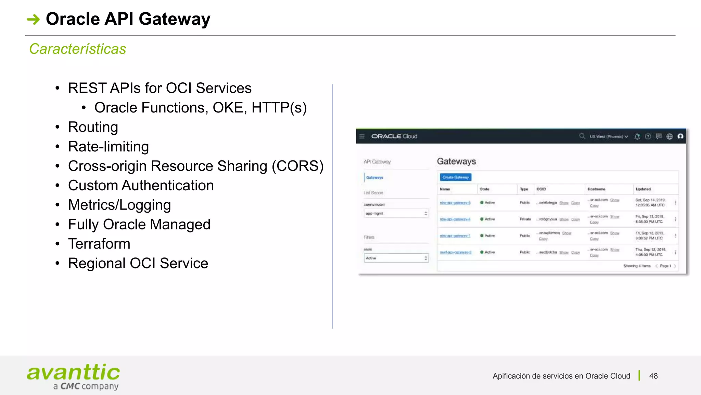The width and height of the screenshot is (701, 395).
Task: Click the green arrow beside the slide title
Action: (x=33, y=19)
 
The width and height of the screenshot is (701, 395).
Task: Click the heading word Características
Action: (x=78, y=49)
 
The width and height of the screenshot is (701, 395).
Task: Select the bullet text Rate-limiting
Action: (x=109, y=147)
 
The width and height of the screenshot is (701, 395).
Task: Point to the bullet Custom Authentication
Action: (x=141, y=185)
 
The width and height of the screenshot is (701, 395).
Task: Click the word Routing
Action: (x=93, y=127)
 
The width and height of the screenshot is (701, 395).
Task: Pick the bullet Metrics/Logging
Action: (x=119, y=205)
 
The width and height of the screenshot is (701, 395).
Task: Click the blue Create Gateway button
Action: (x=455, y=177)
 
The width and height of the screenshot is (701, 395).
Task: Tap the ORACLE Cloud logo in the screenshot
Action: (x=394, y=136)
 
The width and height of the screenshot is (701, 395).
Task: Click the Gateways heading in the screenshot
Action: (x=456, y=161)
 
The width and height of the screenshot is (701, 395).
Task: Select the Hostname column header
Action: (x=596, y=189)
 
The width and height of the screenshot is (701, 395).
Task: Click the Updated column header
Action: (x=643, y=189)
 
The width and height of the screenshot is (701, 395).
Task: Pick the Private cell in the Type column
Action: (x=525, y=219)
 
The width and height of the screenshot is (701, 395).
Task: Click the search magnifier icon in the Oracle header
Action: (x=582, y=136)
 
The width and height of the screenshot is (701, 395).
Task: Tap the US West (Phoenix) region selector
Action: (x=609, y=136)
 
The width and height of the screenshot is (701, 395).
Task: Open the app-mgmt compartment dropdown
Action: (x=396, y=214)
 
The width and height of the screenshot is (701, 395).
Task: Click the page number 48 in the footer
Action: (x=653, y=376)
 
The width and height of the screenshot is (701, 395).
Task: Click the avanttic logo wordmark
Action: (x=73, y=373)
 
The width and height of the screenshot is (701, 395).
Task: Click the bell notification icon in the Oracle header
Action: (x=637, y=136)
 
